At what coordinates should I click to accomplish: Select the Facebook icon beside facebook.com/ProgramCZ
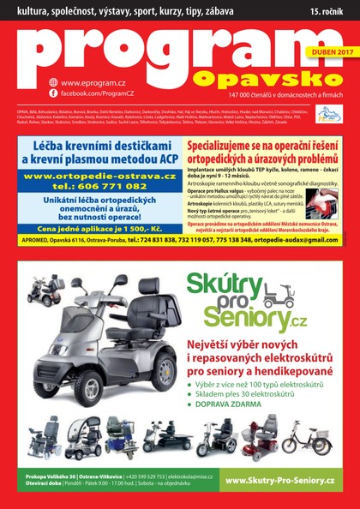53,92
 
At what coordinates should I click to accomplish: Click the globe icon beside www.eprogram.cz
53,81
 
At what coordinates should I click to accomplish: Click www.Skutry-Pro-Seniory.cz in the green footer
283,482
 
